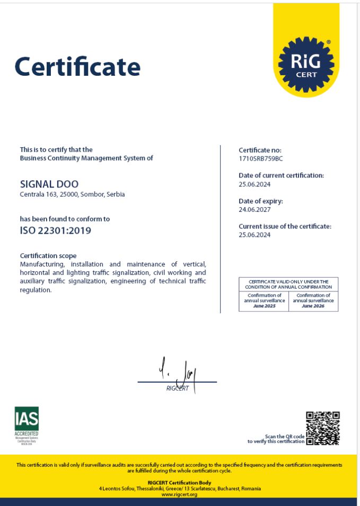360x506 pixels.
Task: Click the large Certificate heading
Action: tap(77, 67)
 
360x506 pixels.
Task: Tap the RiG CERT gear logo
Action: tap(306, 64)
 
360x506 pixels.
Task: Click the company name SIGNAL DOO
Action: tap(49, 184)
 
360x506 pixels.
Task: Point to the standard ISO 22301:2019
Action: tap(55, 230)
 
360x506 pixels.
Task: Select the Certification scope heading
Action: tap(48, 255)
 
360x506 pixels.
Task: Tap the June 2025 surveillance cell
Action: tap(264, 300)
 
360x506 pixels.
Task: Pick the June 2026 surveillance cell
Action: tap(313, 300)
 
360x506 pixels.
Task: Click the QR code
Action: tap(322, 428)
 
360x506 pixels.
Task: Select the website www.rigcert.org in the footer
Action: tap(179, 494)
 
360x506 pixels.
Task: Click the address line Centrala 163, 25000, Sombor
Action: tap(72, 194)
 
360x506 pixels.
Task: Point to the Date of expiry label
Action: tap(261, 201)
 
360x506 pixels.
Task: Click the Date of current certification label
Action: tap(281, 175)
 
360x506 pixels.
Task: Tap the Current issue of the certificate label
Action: tap(285, 226)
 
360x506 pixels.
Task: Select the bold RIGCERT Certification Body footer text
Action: tap(179, 482)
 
